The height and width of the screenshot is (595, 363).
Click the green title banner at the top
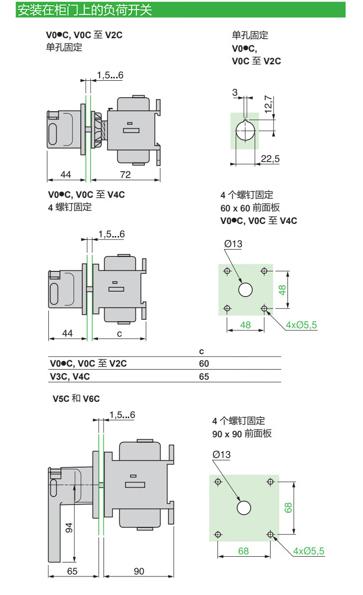click(181, 10)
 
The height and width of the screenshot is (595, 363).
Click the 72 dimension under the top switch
click(126, 174)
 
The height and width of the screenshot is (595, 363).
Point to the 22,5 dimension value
click(270, 159)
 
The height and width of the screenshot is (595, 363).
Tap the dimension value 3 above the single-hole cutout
click(235, 92)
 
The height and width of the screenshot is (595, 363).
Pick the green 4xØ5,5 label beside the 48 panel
click(301, 325)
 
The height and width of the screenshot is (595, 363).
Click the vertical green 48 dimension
click(282, 289)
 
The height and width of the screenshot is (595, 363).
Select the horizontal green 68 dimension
click(243, 551)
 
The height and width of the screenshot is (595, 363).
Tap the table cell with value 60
click(204, 364)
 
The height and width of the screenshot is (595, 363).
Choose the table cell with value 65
click(204, 376)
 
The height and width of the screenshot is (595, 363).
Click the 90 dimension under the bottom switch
click(139, 571)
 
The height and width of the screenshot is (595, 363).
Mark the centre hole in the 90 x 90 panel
click(244, 507)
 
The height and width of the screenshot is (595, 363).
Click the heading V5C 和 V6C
click(76, 399)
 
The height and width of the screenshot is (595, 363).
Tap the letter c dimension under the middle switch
click(119, 334)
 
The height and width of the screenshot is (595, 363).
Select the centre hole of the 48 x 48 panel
click(245, 290)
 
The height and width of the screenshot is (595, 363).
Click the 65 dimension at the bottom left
click(72, 571)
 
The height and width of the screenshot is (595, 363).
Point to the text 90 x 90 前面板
click(242, 434)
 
